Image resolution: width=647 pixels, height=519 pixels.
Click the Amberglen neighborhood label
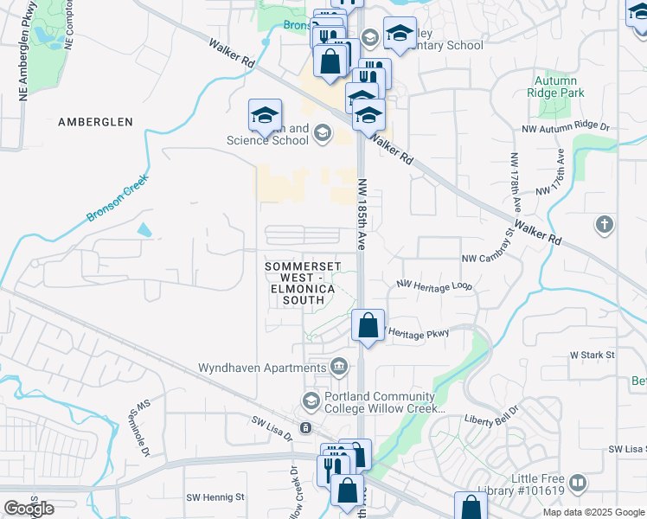coord(95,122)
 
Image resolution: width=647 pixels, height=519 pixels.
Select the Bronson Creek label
coord(118,198)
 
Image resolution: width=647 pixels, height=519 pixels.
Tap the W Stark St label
coord(592,355)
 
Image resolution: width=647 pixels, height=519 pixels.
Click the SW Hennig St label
coord(216,497)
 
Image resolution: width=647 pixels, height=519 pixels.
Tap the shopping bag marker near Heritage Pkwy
coord(368,326)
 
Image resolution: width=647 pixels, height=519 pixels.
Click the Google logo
coord(29,509)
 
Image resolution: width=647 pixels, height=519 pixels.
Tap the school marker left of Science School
coord(266,115)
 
